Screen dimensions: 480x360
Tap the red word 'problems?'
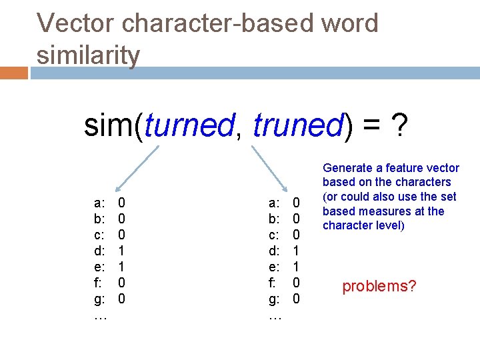[x=379, y=286]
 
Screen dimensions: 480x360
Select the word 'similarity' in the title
[x=89, y=55]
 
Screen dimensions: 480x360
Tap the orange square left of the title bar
[x=14, y=73]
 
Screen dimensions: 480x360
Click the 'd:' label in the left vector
[x=99, y=250]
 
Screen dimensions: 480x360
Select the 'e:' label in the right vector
[x=273, y=266]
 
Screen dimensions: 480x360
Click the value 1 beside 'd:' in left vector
[x=121, y=250]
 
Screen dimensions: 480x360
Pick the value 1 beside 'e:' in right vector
[x=297, y=266]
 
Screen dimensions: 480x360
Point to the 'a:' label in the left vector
[x=99, y=202]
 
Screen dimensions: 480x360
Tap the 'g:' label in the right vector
[x=273, y=298]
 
